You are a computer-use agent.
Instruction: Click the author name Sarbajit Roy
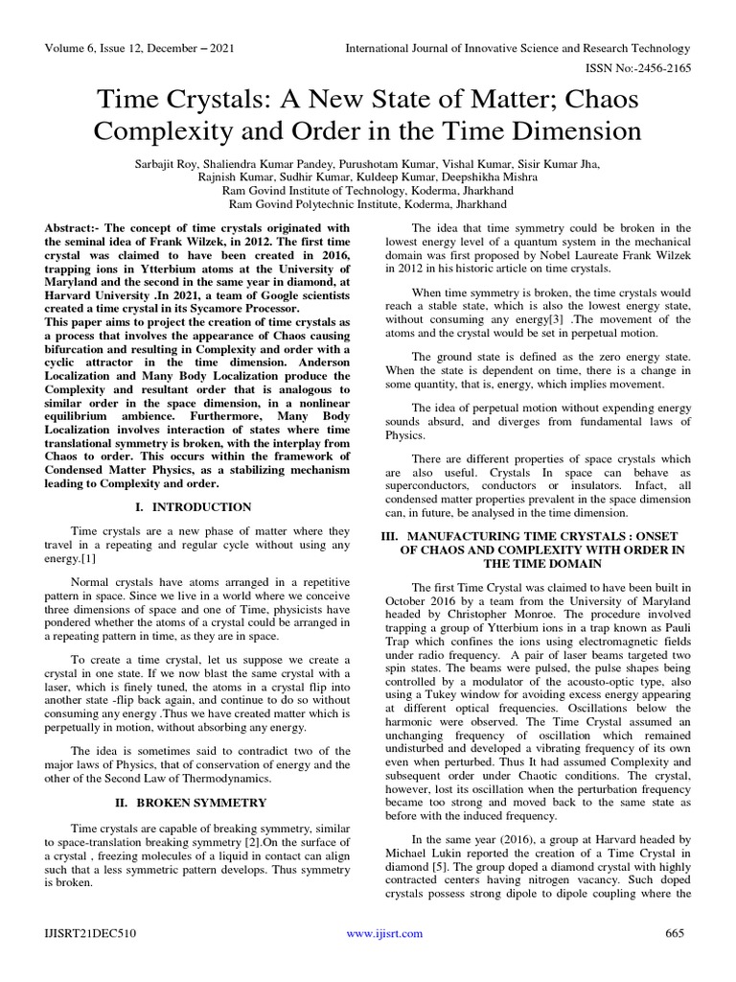175,165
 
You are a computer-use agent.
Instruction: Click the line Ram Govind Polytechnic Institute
367,204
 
